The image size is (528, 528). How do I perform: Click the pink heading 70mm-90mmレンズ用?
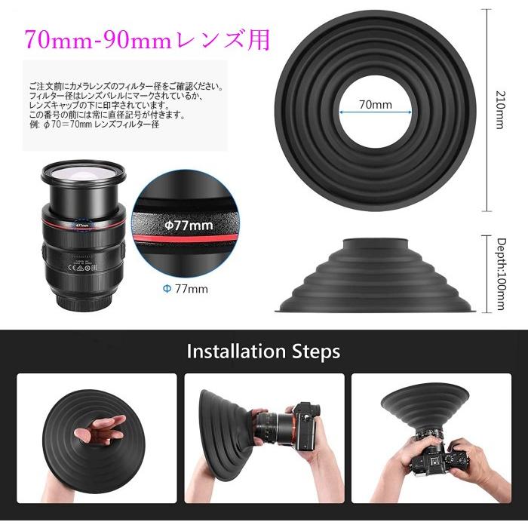point(146,39)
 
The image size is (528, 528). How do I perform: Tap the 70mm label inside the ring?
point(375,104)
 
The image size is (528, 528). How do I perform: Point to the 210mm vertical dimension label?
point(499,109)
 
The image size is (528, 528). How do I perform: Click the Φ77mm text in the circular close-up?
point(189,225)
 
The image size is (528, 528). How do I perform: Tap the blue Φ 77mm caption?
point(186,288)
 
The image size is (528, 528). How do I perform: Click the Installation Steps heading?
point(263,351)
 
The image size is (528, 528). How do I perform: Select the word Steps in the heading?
point(314,351)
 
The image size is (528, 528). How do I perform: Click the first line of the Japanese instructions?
point(125,87)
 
